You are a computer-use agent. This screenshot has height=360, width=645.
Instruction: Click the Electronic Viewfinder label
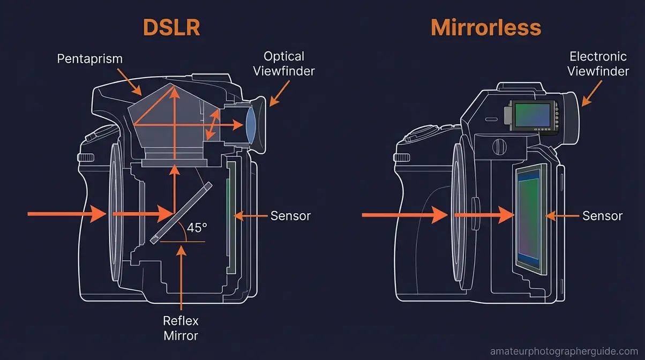coord(598,63)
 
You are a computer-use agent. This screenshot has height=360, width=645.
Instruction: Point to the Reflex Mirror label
coord(181,328)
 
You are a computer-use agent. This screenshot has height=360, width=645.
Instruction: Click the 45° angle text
coord(197,228)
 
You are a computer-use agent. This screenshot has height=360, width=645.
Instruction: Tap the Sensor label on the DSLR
coord(290,216)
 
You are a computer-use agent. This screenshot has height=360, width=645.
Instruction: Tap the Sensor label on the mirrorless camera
coord(602,216)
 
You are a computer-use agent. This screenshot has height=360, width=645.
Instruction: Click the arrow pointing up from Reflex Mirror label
coord(182,273)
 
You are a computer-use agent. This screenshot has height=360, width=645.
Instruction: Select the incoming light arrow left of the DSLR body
coord(67,214)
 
